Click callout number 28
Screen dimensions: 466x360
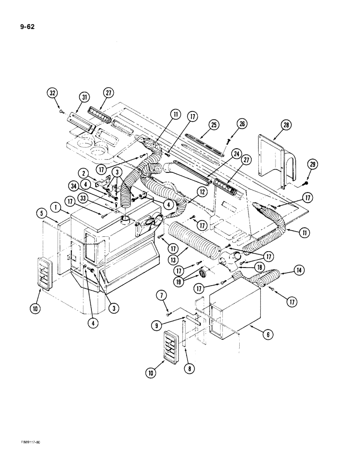(286, 125)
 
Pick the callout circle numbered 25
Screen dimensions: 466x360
(214, 125)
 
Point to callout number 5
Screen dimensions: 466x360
(40, 215)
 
